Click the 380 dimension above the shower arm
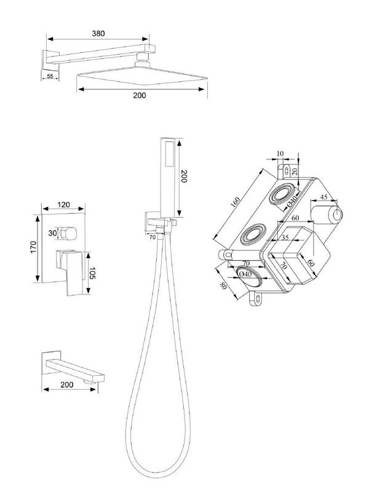click(98, 33)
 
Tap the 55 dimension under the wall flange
click(50, 76)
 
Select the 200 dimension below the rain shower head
click(140, 95)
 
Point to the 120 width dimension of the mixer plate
click(64, 205)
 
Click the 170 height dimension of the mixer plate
click(34, 247)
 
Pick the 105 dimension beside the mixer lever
click(93, 273)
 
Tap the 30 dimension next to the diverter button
click(52, 233)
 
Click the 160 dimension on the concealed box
click(235, 202)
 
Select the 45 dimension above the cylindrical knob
click(323, 197)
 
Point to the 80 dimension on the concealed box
click(223, 286)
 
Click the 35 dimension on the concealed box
click(285, 237)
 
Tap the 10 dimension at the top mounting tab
click(280, 153)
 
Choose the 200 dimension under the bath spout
click(67, 385)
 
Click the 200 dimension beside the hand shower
click(184, 177)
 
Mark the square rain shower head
click(142, 75)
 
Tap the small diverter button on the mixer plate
click(68, 233)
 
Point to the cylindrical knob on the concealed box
click(327, 215)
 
